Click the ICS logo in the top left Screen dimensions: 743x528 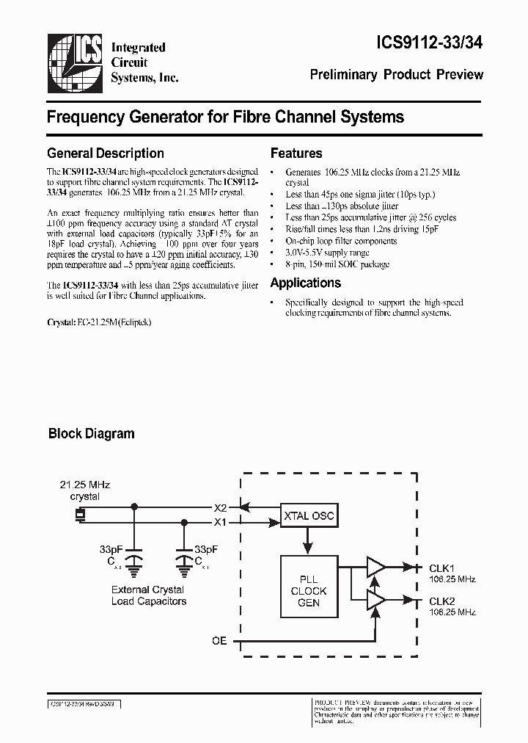point(74,62)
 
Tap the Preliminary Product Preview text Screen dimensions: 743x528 point(397,74)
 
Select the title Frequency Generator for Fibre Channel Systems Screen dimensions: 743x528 point(225,116)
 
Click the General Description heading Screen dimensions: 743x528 point(105,153)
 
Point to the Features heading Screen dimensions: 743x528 point(296,153)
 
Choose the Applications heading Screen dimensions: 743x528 point(305,283)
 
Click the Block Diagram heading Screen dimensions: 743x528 point(91,433)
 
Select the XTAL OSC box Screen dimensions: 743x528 point(308,516)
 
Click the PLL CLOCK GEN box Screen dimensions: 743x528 point(308,591)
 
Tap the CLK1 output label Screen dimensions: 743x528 point(442,568)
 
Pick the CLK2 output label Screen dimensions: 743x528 point(442,601)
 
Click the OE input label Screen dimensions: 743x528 point(219,641)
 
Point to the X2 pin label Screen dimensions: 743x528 point(220,507)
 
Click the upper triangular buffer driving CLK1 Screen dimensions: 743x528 point(375,567)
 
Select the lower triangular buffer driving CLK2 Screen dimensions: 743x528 point(375,600)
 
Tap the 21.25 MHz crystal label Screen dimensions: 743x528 point(84,490)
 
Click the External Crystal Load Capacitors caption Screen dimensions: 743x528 point(148,595)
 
